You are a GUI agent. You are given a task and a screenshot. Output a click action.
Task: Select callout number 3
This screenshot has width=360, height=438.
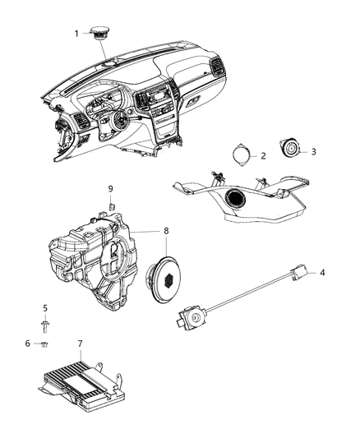coord(313,151)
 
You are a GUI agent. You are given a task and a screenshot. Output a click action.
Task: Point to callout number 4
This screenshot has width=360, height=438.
coord(323,295)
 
